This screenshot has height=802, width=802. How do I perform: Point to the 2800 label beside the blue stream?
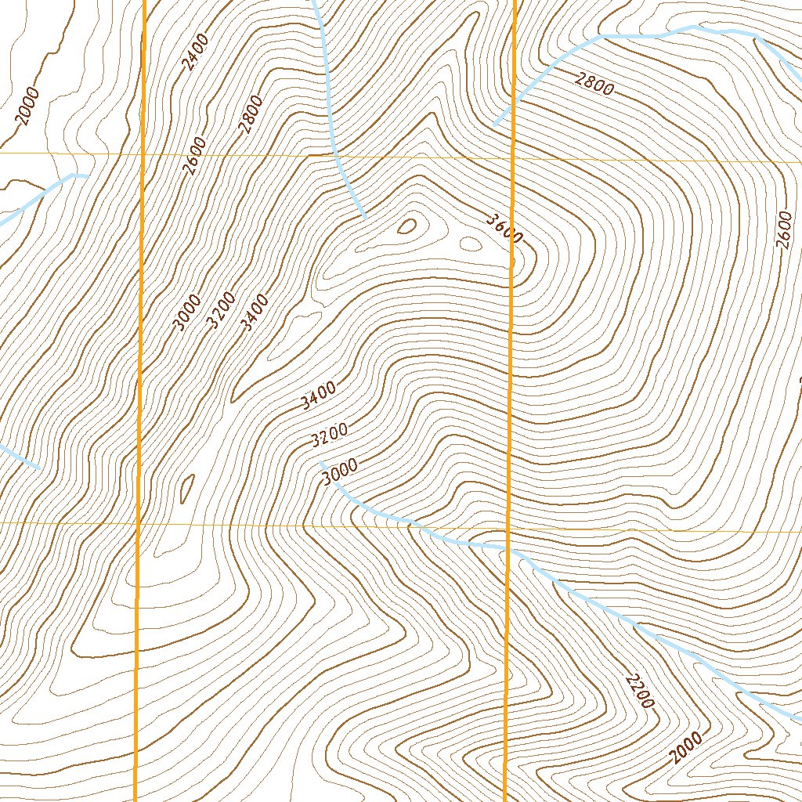click(594, 83)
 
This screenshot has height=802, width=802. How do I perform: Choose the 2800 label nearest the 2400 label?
click(251, 115)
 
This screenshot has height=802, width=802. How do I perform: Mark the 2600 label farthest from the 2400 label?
click(786, 229)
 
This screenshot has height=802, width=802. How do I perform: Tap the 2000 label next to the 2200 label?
click(686, 748)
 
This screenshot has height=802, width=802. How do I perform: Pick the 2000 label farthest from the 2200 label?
click(26, 107)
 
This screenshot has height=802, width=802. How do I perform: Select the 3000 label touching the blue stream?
click(339, 471)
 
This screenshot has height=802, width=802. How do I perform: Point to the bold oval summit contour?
click(407, 226)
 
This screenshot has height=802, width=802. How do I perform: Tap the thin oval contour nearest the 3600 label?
click(470, 244)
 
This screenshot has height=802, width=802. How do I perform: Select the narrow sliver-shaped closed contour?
click(186, 490)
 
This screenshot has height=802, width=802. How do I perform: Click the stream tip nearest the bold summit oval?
click(365, 217)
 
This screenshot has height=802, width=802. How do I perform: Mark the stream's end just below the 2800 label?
click(495, 124)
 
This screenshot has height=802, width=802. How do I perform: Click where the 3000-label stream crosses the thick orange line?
click(508, 551)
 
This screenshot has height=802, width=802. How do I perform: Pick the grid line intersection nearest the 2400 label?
click(144, 153)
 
